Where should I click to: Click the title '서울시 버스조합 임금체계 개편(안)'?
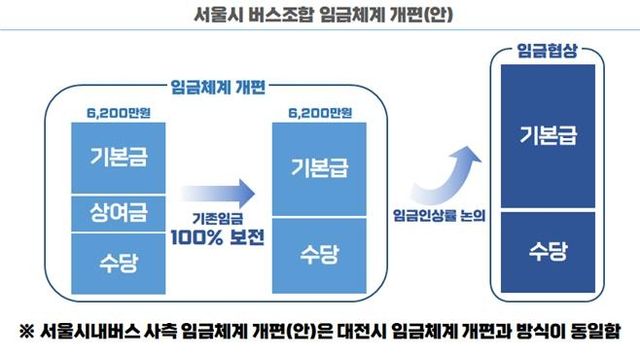(x=319, y=17)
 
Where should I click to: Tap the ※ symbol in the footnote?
(x=29, y=331)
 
